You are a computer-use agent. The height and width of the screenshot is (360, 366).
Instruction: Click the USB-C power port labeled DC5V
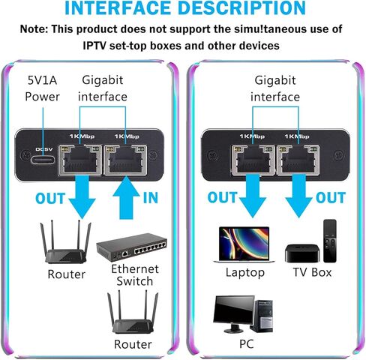point(43,160)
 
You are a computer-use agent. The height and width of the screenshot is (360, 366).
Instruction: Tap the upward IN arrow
point(126,197)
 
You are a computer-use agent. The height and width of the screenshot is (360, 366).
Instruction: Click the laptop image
point(244,244)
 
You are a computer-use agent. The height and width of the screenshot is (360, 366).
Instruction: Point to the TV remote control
point(330,241)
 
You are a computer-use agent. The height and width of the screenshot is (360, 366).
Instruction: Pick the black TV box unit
point(302,253)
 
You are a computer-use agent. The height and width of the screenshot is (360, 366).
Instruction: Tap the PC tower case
point(262,316)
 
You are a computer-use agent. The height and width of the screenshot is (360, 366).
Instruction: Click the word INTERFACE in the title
point(119,7)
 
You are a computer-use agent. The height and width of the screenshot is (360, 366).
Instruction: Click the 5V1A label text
point(42,80)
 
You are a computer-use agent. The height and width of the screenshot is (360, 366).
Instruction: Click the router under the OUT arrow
point(66,242)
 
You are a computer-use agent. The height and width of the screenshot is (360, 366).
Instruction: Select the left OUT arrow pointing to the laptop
point(253,196)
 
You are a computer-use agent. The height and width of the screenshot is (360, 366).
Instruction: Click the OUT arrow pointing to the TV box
point(298,196)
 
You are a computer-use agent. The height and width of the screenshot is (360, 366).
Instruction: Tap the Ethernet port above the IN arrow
point(125,160)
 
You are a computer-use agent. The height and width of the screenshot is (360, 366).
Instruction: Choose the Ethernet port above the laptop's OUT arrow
point(253,160)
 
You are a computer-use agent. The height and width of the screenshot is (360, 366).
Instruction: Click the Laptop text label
point(244,273)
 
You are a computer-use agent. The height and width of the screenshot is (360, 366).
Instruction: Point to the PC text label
point(247,344)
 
